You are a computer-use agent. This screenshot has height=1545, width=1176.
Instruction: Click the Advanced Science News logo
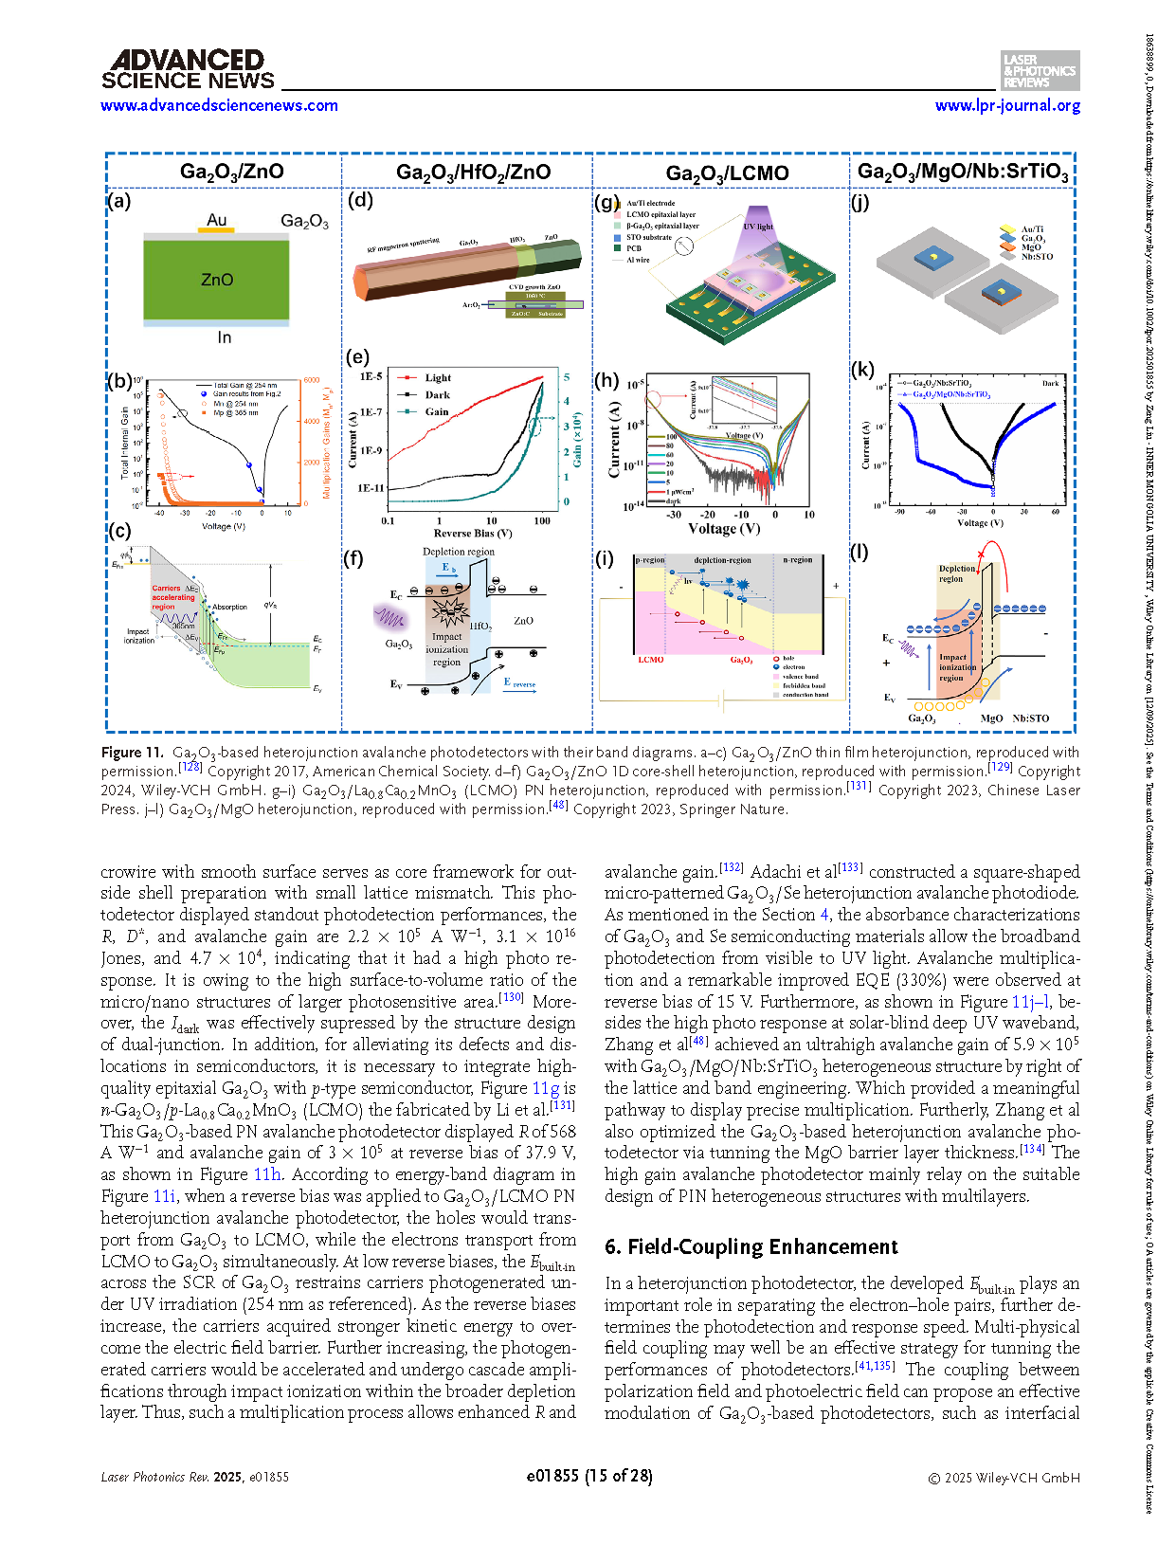tap(188, 70)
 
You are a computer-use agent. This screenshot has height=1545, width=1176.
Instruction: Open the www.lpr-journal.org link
tap(1007, 105)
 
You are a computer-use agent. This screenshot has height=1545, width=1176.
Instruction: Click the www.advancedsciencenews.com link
tap(219, 105)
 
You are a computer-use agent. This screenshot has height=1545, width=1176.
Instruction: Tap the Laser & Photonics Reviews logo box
tap(1040, 70)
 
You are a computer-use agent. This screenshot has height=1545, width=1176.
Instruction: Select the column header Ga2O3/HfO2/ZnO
tap(473, 172)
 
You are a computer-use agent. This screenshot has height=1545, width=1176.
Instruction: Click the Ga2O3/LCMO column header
tap(727, 173)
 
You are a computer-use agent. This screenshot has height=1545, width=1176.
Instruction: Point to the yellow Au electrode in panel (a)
tap(217, 228)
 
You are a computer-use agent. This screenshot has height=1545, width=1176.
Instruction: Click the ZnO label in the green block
tap(217, 280)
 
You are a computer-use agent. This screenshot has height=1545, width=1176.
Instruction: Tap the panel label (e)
tap(357, 356)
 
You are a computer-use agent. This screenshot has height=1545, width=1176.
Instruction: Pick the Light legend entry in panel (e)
tap(437, 377)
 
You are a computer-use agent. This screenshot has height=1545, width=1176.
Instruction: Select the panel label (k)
tap(861, 369)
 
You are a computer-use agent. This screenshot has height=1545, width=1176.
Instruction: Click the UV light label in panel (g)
tap(758, 227)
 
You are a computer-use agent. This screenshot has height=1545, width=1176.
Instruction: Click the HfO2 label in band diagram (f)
tap(480, 626)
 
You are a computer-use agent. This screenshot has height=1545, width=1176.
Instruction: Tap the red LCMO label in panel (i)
tap(650, 660)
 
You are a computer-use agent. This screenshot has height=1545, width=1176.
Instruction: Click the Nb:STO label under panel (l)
tap(1030, 718)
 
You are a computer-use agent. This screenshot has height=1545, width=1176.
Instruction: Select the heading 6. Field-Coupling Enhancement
tap(751, 1246)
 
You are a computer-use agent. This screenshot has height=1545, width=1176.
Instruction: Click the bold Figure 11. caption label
tap(132, 753)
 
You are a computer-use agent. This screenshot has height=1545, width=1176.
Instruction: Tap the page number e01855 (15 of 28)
tap(589, 1476)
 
